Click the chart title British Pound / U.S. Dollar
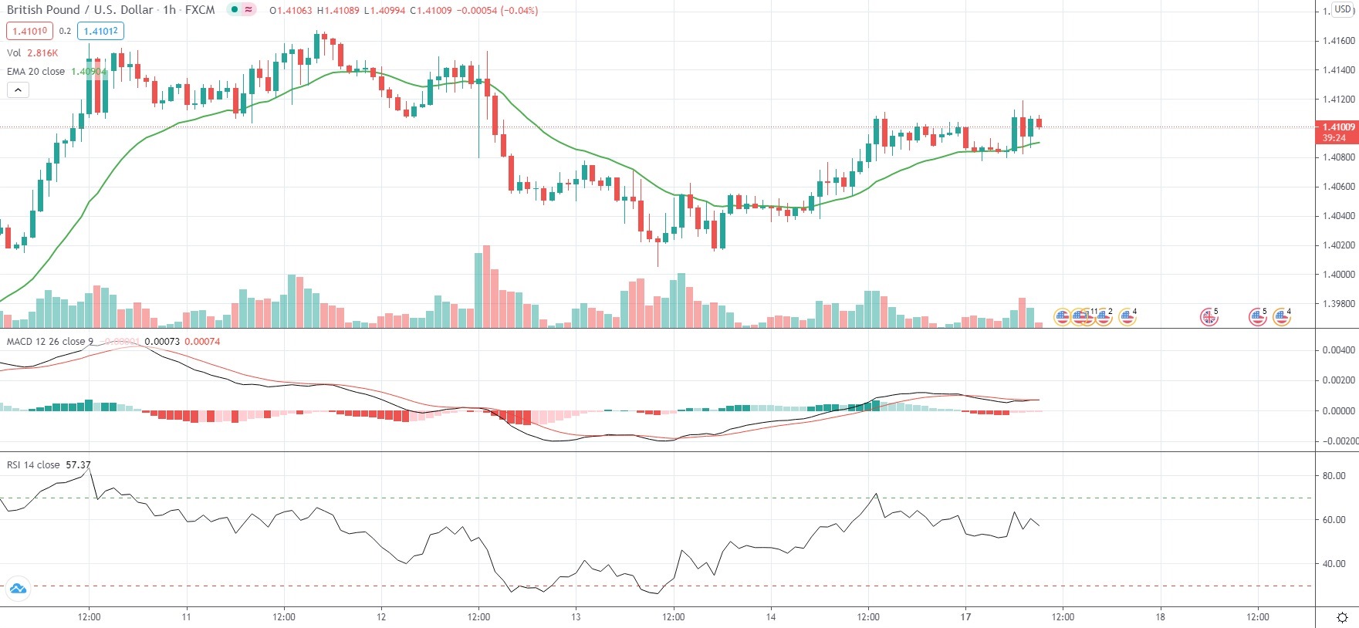tap(79, 10)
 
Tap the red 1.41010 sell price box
tap(29, 31)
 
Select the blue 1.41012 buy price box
tap(100, 31)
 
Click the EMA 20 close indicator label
tap(36, 71)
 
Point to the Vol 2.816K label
tap(32, 52)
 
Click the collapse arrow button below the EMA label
tap(18, 89)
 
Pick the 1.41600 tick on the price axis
tap(1338, 40)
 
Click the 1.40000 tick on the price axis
tap(1338, 275)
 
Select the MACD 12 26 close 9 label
tap(50, 341)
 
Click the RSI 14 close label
tap(33, 464)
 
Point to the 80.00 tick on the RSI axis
tap(1334, 476)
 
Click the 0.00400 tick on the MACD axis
tap(1338, 350)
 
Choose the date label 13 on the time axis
tap(576, 616)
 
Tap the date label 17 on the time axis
tap(965, 616)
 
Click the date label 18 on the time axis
tap(1160, 616)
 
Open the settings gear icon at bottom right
tap(1342, 617)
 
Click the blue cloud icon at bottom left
tap(17, 589)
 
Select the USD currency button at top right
tap(1343, 9)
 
